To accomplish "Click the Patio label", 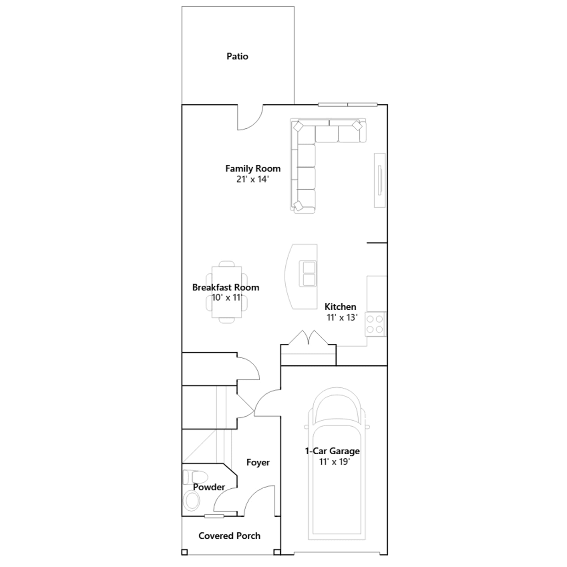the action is tap(237, 56).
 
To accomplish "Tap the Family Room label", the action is tap(253, 169).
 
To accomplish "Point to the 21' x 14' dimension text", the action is tap(252, 179).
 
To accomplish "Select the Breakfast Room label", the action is tap(226, 287).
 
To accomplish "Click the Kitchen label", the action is tap(340, 307).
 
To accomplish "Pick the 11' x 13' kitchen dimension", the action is tap(342, 318).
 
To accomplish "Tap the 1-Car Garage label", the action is tap(332, 451).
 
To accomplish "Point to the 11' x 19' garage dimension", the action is tap(334, 462).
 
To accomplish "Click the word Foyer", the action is tap(258, 462).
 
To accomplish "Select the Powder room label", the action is tap(209, 487).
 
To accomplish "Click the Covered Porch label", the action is tap(229, 536).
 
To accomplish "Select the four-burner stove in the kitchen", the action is tap(375, 324).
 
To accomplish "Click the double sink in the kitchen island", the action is tap(309, 274).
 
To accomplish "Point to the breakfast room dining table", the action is tap(227, 292).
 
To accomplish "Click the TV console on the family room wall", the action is tap(380, 180).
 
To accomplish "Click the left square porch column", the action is tap(184, 552).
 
